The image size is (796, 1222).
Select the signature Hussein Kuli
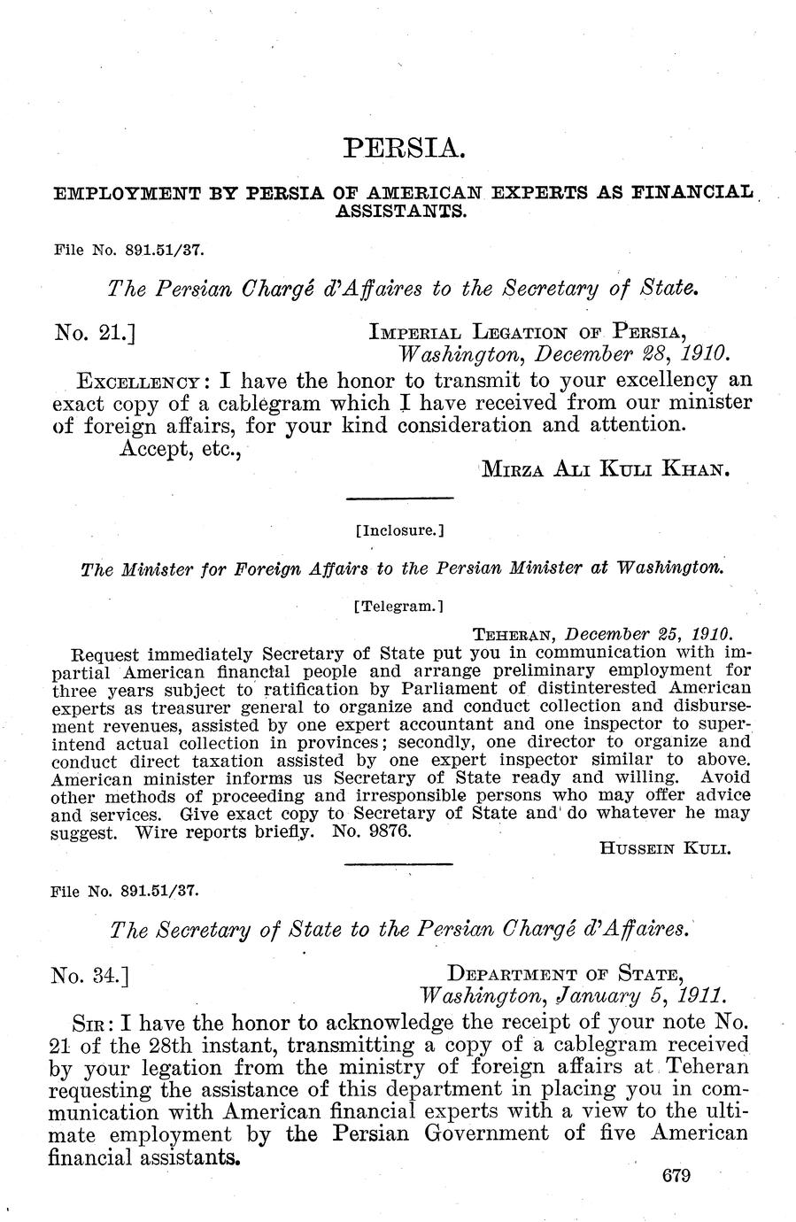pos(664,848)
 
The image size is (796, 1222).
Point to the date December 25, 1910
pos(647,635)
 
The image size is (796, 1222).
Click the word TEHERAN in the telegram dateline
pos(515,636)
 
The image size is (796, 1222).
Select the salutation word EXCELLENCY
pos(143,382)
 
